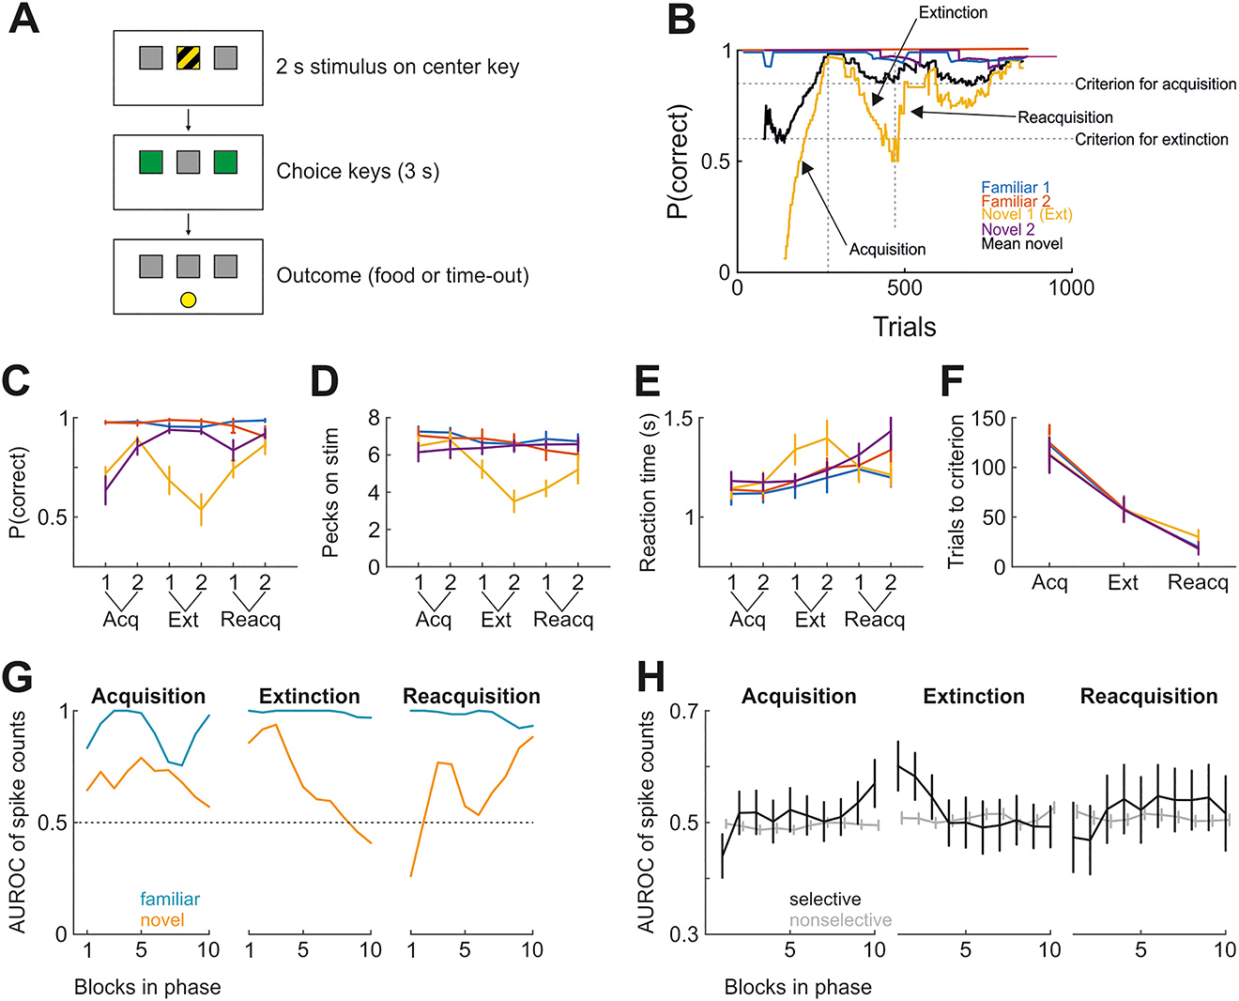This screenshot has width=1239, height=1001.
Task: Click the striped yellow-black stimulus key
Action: coord(188,58)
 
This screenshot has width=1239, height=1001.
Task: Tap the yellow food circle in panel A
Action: coord(188,300)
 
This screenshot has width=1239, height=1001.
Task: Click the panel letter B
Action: coord(681,20)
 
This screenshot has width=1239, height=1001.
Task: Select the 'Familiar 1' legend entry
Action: coord(1016,188)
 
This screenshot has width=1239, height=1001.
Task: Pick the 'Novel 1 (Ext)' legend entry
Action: coord(1027,215)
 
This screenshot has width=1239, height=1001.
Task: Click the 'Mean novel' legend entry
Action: coord(1022,243)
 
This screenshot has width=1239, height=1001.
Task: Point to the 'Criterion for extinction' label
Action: coord(1151,139)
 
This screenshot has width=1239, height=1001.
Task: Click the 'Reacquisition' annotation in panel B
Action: coord(1065,117)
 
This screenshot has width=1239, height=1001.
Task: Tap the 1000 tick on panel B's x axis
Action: coord(1071,287)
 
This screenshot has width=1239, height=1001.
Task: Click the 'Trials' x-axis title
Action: coord(904,327)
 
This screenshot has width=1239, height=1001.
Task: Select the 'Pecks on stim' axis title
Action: coord(329,492)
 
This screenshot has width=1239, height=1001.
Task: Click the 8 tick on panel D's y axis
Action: coord(373,418)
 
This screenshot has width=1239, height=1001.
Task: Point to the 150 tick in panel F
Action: coord(992,418)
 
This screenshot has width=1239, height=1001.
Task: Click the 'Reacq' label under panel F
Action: coord(1198,583)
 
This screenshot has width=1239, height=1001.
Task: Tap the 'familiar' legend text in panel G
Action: coord(170,899)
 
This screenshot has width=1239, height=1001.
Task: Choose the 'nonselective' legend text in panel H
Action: coord(840,920)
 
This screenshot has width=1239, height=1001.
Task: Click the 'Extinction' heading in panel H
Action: coord(973,697)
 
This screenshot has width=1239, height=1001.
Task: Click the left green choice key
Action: coord(151,162)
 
